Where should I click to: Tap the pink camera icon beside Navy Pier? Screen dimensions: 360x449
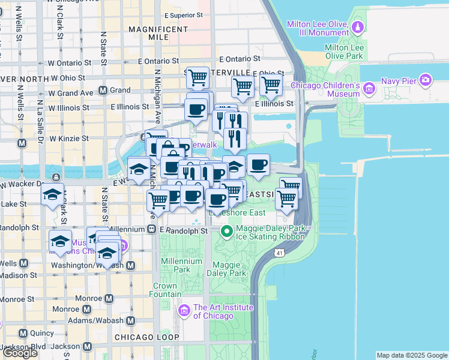(x=426, y=80)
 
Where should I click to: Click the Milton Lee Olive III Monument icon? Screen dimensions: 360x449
(x=358, y=27)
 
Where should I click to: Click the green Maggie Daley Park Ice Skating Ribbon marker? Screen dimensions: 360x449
(x=227, y=230)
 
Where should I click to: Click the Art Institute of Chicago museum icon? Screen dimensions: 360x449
(x=184, y=310)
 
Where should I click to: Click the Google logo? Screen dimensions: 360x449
(x=20, y=353)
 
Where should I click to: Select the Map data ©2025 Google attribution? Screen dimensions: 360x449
(x=412, y=355)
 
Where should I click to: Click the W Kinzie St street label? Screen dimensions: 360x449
(x=68, y=138)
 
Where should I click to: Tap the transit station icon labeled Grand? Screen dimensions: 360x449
(x=103, y=91)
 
